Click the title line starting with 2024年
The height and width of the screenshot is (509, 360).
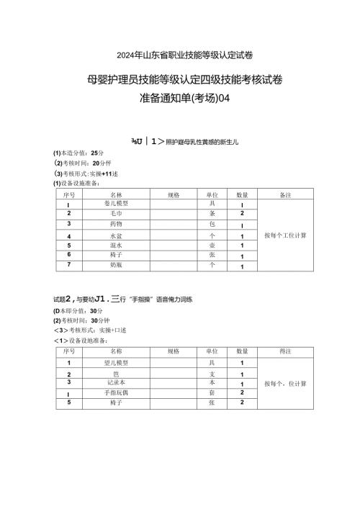[180, 55]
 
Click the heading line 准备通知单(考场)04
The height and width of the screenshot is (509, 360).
[180, 99]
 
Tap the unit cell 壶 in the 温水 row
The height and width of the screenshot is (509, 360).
[212, 245]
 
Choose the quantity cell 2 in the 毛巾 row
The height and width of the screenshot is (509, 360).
[242, 214]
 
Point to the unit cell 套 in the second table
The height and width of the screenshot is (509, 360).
[212, 392]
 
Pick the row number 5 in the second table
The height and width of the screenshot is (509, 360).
[68, 402]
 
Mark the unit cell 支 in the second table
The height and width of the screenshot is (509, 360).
[212, 374]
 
